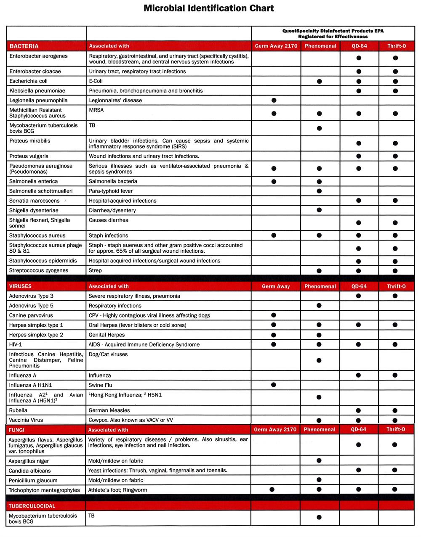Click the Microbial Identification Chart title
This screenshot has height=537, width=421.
point(208,8)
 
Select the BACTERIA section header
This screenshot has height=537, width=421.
point(24,46)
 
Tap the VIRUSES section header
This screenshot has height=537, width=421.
point(20,286)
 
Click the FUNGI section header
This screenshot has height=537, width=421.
point(17,430)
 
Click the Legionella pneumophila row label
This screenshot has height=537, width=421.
point(38,101)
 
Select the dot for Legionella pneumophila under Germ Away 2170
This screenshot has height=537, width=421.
point(274,101)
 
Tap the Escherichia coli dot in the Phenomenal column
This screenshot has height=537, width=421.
point(319,81)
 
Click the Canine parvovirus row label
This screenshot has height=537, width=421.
point(31,315)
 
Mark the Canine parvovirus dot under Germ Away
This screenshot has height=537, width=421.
point(274,315)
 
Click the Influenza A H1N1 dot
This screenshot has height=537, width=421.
point(274,385)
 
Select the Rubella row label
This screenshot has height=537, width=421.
point(18,410)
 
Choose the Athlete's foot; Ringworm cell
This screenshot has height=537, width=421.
point(117,490)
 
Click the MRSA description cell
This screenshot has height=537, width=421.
point(96,110)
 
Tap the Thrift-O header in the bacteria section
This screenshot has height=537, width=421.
point(396,46)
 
